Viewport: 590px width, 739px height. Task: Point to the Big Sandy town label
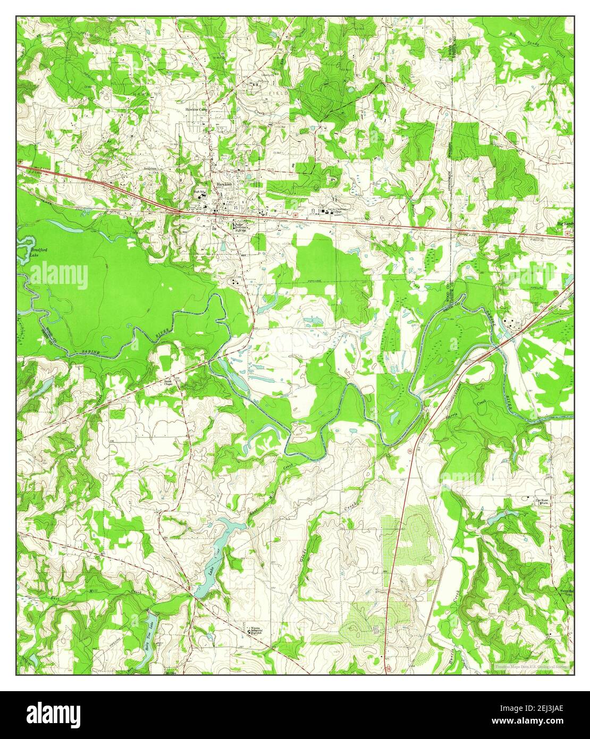click(565, 224)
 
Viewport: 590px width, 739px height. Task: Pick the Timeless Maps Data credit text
click(530, 666)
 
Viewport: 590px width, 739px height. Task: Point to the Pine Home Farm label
click(541, 500)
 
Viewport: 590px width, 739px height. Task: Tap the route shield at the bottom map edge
click(388, 668)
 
